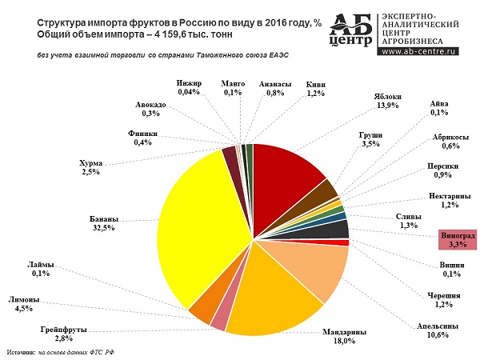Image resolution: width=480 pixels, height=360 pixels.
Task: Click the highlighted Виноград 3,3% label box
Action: click(x=458, y=240)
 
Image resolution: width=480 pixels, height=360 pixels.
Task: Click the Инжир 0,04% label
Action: click(x=189, y=87)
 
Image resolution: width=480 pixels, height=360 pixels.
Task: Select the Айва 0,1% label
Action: click(x=439, y=108)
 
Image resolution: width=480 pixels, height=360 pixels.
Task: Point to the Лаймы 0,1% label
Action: click(x=41, y=269)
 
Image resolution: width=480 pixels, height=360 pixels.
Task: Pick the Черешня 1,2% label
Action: click(x=443, y=300)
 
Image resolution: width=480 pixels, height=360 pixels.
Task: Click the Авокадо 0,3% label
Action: click(x=150, y=109)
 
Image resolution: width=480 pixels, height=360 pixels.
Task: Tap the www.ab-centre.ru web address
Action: click(x=418, y=51)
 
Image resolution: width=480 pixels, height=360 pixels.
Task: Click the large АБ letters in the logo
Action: click(x=350, y=26)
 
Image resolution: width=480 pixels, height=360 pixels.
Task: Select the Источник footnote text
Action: click(x=61, y=352)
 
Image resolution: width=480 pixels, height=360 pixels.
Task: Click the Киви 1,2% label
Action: click(x=316, y=89)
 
